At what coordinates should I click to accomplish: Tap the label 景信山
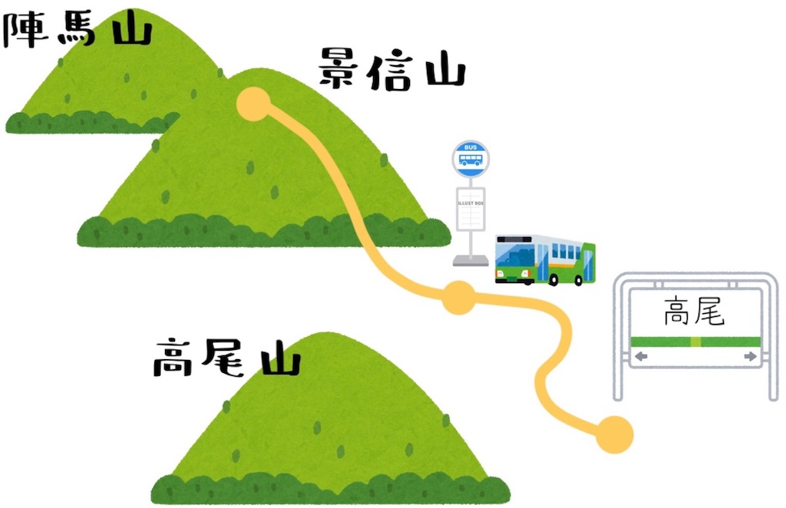coord(392,69)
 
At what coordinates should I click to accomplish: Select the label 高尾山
coord(227,357)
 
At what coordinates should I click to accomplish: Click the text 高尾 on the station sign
coord(694,311)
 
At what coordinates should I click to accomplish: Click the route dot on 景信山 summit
coord(254,104)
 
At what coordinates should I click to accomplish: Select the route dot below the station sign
coord(615,435)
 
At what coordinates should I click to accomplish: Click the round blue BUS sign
coord(471,158)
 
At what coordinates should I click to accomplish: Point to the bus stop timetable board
coord(471,209)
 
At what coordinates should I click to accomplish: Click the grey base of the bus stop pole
coord(471,260)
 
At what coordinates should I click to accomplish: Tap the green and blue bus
coord(545,259)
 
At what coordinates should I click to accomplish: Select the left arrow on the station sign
coord(641,356)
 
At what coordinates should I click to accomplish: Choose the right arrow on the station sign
coord(750,356)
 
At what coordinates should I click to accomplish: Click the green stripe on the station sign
coord(695,342)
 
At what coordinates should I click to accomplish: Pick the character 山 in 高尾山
coord(282,358)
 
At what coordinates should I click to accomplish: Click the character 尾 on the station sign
coord(710,311)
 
